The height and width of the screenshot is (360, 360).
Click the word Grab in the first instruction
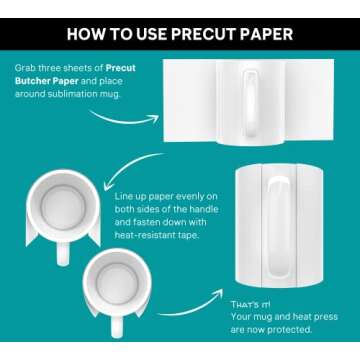[x=27, y=71]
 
